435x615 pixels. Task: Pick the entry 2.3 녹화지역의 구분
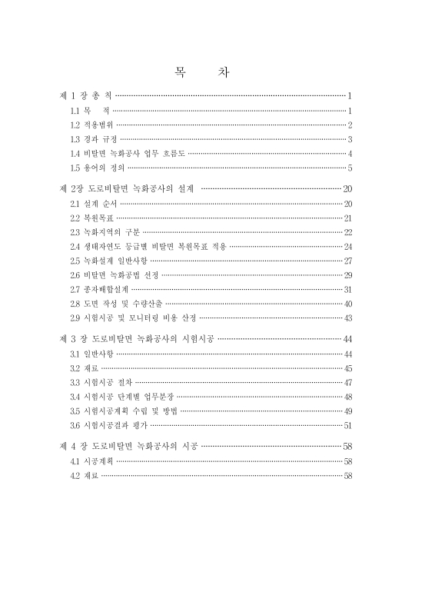click(105, 232)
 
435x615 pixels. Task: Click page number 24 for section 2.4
click(347, 247)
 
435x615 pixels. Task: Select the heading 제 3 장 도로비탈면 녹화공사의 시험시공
click(138, 339)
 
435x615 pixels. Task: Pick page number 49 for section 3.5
click(347, 411)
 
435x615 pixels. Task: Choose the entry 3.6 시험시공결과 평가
click(105, 425)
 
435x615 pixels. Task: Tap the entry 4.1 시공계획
click(91, 461)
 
